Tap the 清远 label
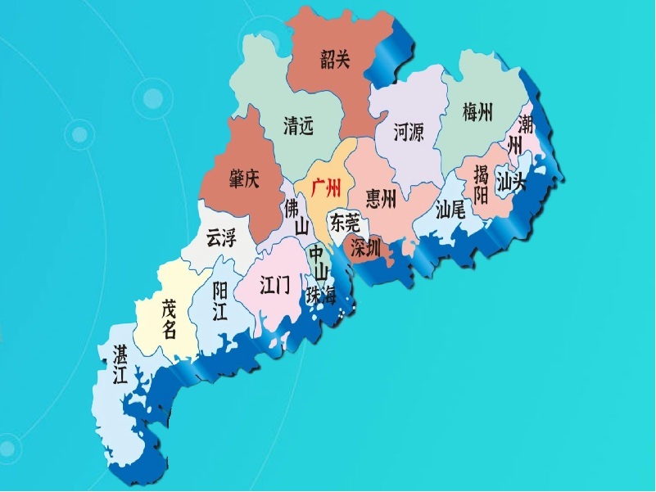(298, 126)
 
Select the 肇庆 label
(243, 178)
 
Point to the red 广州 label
(327, 190)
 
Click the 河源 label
(409, 132)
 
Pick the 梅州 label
(477, 112)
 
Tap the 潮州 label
(520, 136)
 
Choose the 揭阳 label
(481, 184)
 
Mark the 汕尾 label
(450, 210)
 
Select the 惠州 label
(381, 197)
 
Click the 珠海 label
(321, 296)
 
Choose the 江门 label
(274, 285)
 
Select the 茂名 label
(169, 318)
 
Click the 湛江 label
(119, 364)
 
